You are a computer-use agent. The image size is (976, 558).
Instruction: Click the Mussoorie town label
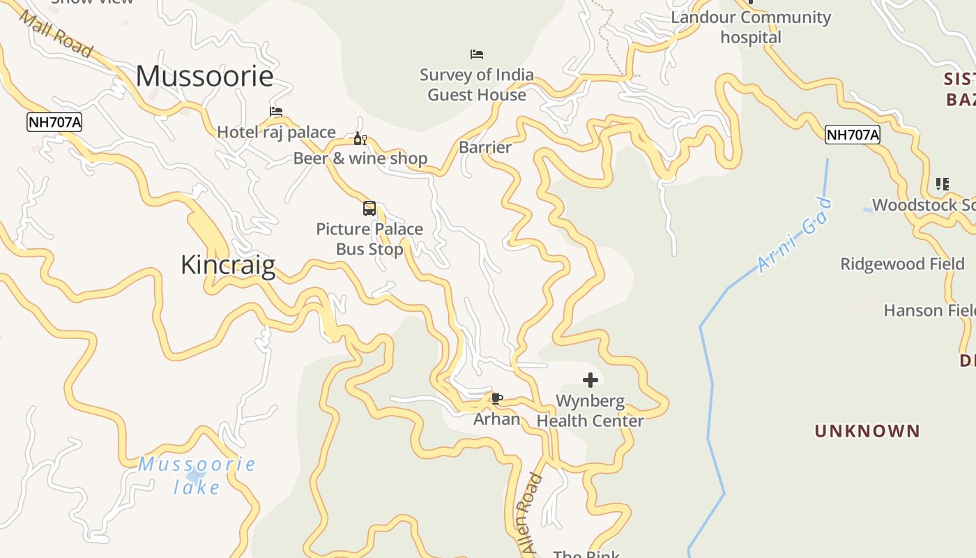click(204, 76)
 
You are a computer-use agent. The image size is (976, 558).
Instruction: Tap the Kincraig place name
click(228, 266)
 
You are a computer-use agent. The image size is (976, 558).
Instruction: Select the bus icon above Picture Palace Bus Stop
click(369, 209)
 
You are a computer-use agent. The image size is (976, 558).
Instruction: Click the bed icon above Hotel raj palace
click(276, 112)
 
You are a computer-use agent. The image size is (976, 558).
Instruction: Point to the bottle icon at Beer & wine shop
click(360, 139)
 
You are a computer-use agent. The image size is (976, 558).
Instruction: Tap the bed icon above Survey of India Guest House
click(477, 54)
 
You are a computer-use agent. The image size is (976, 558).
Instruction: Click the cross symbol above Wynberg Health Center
click(590, 380)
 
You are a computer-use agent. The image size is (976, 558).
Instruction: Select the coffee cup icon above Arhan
click(496, 399)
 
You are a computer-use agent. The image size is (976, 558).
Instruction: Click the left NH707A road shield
click(54, 123)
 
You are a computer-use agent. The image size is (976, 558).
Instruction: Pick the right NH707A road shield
click(852, 135)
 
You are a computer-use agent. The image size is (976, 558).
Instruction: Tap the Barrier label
click(485, 148)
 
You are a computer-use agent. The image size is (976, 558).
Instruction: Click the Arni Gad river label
click(795, 235)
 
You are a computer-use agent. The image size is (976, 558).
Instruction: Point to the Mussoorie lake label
click(197, 475)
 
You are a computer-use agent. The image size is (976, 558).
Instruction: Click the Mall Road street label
click(56, 34)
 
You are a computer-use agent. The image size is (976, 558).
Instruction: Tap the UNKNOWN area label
click(867, 431)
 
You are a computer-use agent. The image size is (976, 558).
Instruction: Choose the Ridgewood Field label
click(902, 264)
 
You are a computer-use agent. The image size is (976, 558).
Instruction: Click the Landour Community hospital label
click(751, 27)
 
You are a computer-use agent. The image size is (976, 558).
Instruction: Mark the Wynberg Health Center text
click(590, 411)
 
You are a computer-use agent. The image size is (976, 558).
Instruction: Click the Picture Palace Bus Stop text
click(369, 239)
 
